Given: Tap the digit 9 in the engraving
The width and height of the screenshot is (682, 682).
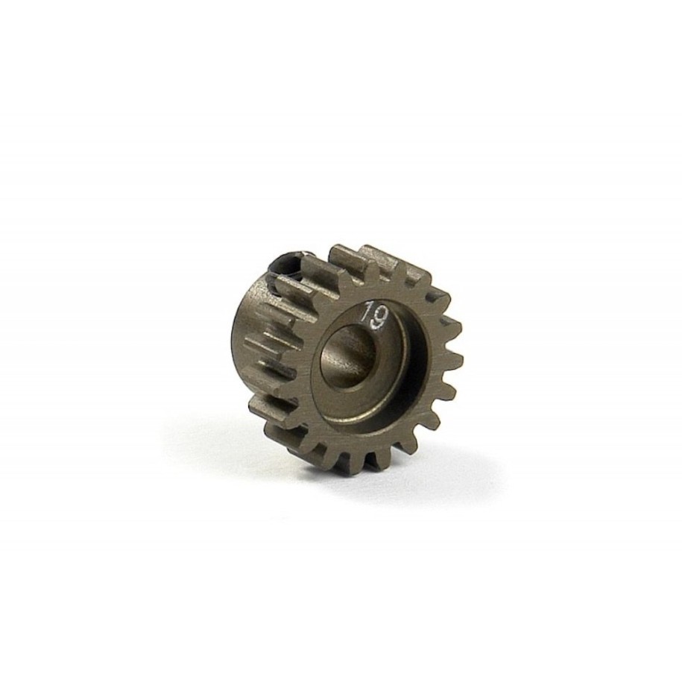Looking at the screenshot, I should coord(379,318).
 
